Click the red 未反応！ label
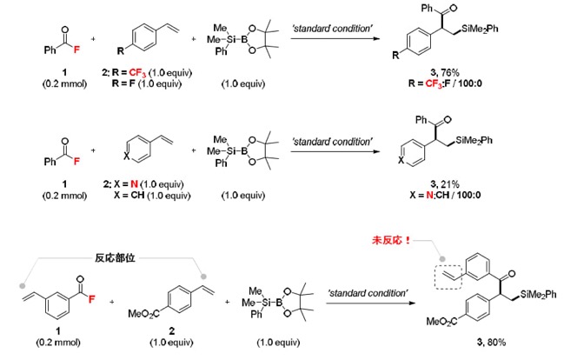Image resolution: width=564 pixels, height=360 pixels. pyautogui.click(x=391, y=240)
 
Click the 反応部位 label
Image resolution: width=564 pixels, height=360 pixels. pyautogui.click(x=115, y=257)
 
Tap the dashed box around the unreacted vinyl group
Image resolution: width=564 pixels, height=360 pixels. pyautogui.click(x=448, y=277)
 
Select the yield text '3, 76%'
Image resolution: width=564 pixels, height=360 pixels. pyautogui.click(x=445, y=72)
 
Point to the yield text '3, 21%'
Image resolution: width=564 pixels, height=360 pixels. pyautogui.click(x=445, y=184)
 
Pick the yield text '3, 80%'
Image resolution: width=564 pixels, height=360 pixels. pyautogui.click(x=491, y=342)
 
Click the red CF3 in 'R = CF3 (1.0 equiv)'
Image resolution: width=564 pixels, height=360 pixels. pyautogui.click(x=137, y=73)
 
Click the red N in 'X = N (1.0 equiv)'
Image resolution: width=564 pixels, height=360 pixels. pyautogui.click(x=134, y=184)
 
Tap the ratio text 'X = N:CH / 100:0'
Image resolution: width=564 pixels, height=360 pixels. pyautogui.click(x=445, y=195)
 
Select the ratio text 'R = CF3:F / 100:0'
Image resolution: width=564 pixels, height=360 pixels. pyautogui.click(x=445, y=83)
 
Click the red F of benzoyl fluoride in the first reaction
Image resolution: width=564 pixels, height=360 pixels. pyautogui.click(x=76, y=50)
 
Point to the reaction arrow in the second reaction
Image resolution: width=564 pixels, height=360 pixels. pyautogui.click(x=335, y=151)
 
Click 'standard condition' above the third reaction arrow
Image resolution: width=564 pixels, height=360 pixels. pyautogui.click(x=368, y=293)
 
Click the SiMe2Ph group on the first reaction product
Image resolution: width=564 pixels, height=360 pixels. pyautogui.click(x=480, y=29)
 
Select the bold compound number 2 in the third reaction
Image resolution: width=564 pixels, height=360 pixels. pyautogui.click(x=171, y=330)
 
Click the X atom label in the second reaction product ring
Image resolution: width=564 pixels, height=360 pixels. pyautogui.click(x=401, y=160)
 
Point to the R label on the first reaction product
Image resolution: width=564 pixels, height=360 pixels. pyautogui.click(x=395, y=55)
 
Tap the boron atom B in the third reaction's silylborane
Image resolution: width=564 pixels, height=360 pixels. pyautogui.click(x=279, y=303)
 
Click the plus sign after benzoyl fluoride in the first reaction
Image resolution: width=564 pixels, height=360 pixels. pyautogui.click(x=93, y=38)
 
